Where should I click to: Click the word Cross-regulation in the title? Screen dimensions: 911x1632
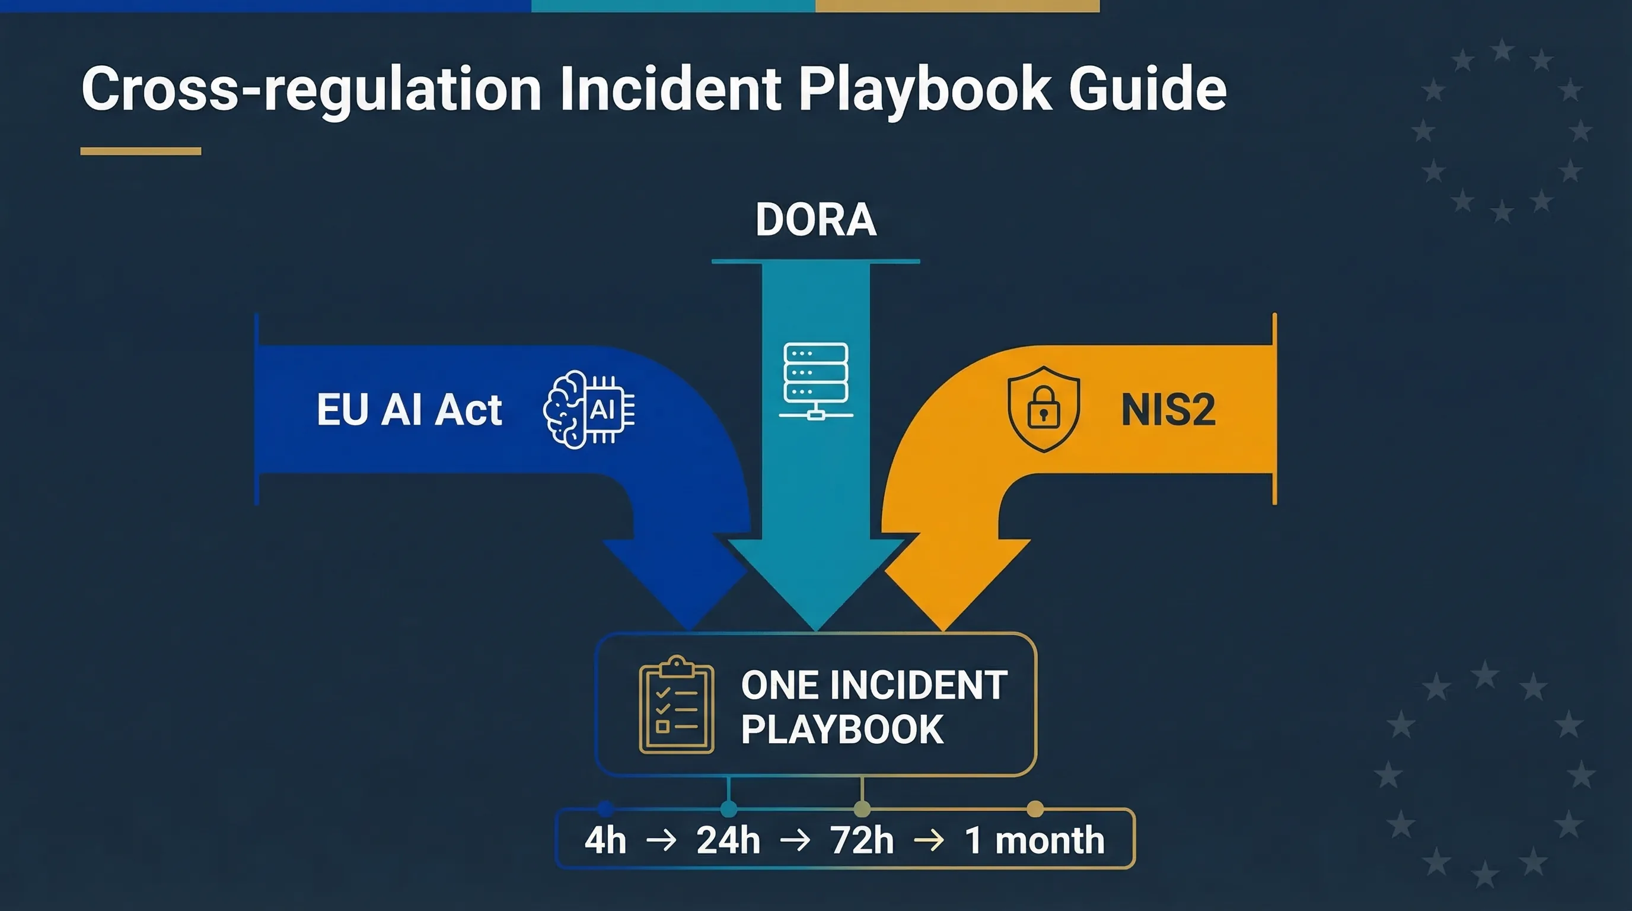click(x=310, y=90)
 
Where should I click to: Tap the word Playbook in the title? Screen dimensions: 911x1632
click(x=925, y=90)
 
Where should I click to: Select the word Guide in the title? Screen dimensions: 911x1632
click(x=1147, y=90)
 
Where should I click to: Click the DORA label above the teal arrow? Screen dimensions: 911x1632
click(x=816, y=220)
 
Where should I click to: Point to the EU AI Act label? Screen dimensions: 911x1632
click(x=409, y=410)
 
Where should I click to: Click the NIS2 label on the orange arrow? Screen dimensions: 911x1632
click(x=1168, y=410)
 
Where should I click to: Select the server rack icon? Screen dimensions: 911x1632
click(x=816, y=381)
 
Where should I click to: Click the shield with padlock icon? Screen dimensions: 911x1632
click(x=1044, y=409)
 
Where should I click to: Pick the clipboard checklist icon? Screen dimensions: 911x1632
click(x=677, y=705)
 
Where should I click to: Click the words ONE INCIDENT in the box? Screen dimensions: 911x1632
click(x=874, y=685)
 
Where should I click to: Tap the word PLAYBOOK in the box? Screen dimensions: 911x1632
click(x=842, y=729)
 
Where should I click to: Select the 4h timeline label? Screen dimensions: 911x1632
click(x=605, y=840)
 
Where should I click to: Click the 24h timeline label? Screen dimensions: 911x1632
click(x=728, y=840)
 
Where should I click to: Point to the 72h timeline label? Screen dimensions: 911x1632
click(x=862, y=840)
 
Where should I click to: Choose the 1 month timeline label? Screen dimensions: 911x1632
click(x=1034, y=840)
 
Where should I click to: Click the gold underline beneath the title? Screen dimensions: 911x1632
click(x=141, y=151)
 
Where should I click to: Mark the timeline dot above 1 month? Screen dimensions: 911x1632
click(x=1035, y=808)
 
